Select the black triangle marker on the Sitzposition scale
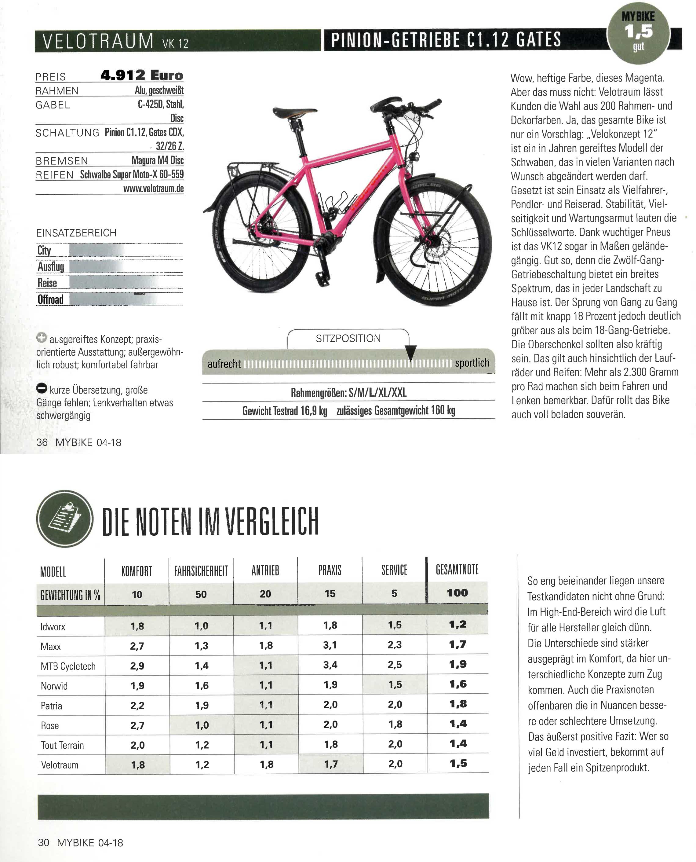(x=410, y=352)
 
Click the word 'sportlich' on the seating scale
(x=472, y=363)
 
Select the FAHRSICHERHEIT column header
(x=201, y=571)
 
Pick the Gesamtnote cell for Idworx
(x=457, y=625)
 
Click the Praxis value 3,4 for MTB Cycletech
(x=330, y=665)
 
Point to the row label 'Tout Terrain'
(x=63, y=745)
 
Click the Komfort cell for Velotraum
(x=137, y=765)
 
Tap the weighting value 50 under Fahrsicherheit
(x=201, y=594)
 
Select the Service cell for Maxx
(x=395, y=645)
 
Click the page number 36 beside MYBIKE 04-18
(x=42, y=442)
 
